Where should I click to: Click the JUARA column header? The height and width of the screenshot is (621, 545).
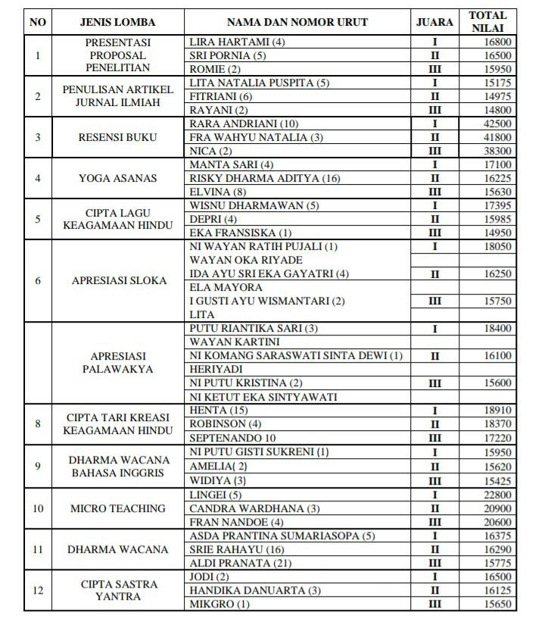(x=434, y=22)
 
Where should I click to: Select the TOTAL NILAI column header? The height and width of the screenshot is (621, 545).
(x=487, y=22)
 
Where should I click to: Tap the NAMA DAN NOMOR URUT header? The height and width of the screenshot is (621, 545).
(x=297, y=22)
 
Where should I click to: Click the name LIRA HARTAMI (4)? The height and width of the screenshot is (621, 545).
(x=237, y=42)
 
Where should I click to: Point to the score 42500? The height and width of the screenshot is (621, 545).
(x=497, y=124)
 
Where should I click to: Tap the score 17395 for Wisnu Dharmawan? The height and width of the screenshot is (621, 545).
(x=497, y=206)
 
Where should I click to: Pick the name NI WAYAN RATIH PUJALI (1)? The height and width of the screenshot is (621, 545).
(x=263, y=247)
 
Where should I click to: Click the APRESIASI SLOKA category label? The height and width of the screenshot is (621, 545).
(x=119, y=281)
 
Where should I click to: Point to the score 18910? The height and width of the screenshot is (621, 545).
(x=497, y=410)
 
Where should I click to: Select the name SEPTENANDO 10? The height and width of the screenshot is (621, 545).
(x=232, y=438)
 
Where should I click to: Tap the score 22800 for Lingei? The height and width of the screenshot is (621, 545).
(x=497, y=495)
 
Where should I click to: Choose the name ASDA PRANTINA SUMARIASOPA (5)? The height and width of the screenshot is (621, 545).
(x=282, y=536)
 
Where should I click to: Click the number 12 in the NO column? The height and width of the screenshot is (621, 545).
(x=38, y=591)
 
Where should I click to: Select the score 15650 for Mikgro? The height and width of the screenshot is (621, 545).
(x=497, y=604)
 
